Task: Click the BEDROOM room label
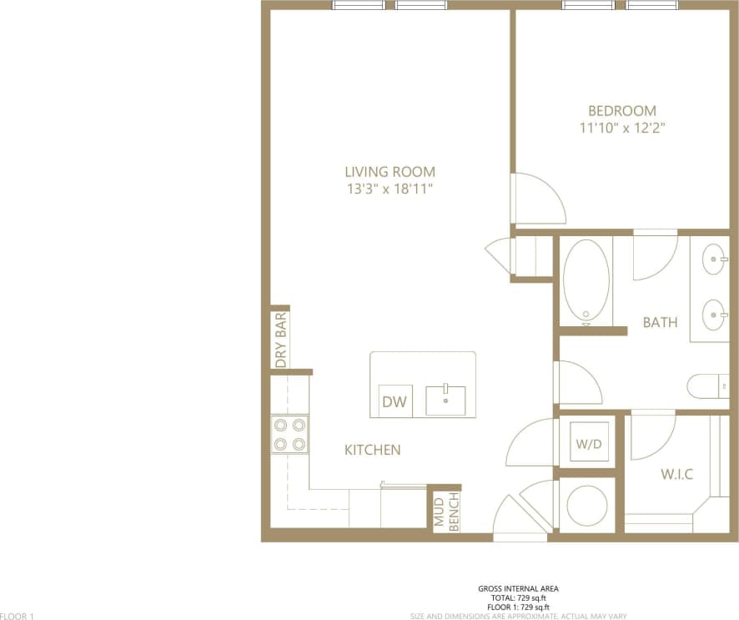(x=622, y=111)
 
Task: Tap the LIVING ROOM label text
(x=390, y=172)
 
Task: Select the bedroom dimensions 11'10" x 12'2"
(x=622, y=129)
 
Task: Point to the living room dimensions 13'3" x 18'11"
(x=390, y=189)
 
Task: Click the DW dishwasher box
(x=395, y=402)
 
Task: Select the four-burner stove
(x=289, y=435)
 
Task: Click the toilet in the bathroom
(x=706, y=386)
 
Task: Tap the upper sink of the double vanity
(x=715, y=260)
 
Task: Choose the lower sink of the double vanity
(x=715, y=315)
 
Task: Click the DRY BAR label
(x=281, y=340)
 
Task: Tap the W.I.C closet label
(x=677, y=475)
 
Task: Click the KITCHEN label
(x=373, y=450)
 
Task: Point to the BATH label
(x=660, y=322)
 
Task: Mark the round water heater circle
(x=586, y=505)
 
